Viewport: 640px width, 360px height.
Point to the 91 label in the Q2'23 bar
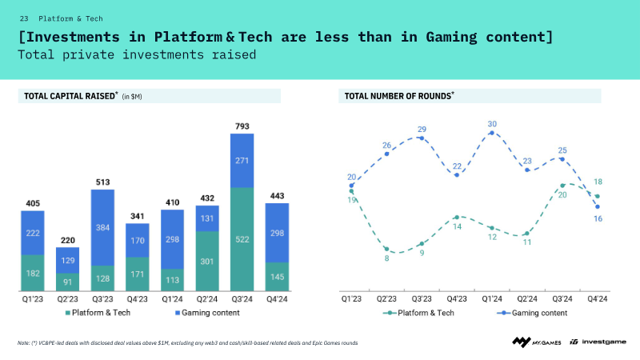67,281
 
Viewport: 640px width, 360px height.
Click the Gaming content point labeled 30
492,133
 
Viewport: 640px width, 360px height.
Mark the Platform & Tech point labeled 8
386,248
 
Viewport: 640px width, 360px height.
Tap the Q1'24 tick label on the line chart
492,298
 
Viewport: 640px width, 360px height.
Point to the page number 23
24,18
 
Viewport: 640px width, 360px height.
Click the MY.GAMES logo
537,342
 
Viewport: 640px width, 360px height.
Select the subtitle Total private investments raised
137,55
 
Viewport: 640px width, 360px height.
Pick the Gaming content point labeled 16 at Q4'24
598,207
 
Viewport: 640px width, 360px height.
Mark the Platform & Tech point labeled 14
457,217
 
